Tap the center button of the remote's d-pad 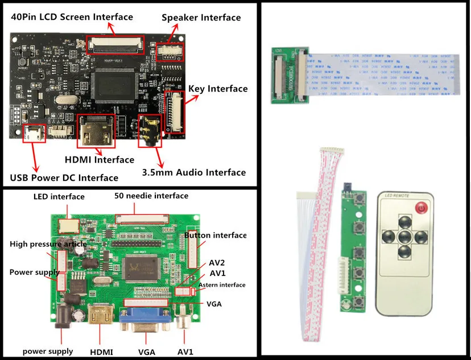[404, 236]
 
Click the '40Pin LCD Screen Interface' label [72, 17]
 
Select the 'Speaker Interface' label [201, 18]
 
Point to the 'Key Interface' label [219, 89]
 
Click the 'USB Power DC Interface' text [64, 177]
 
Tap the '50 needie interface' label [151, 196]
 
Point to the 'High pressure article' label [48, 244]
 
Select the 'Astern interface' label [222, 285]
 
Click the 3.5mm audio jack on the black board [150, 133]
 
